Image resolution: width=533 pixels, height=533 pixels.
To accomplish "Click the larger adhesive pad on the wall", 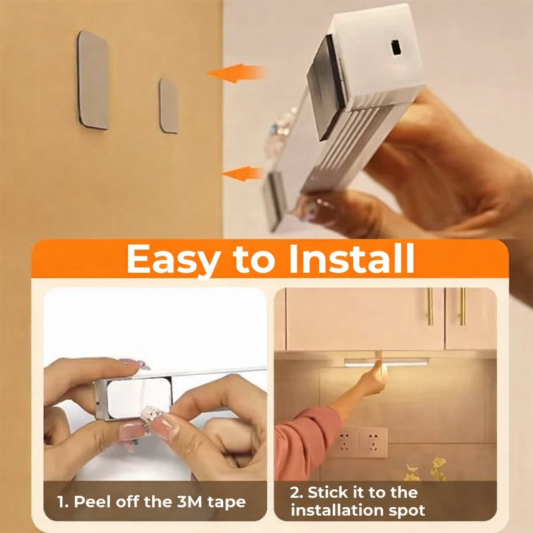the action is point(93,80).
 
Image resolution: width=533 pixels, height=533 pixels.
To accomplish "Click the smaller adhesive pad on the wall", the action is point(169,106).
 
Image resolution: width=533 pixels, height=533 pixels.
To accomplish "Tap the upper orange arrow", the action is point(236,73).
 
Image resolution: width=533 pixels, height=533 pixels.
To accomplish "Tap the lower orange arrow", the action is point(243,173).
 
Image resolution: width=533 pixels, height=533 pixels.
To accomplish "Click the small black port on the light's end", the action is point(395,47).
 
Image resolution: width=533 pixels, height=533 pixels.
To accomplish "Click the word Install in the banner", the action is point(351,259).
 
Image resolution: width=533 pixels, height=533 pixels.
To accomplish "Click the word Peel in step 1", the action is point(93,502).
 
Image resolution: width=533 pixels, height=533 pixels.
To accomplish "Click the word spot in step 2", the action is point(408,511).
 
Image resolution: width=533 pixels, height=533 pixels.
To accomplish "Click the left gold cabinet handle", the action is point(430,306).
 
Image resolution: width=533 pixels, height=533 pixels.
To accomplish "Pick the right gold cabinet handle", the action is point(462,306).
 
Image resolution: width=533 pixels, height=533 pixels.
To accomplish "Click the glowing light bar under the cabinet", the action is point(386,362).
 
